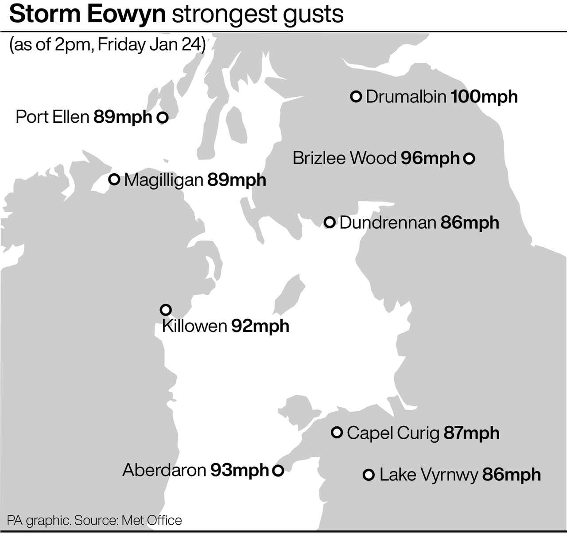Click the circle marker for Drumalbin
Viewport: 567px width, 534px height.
click(356, 96)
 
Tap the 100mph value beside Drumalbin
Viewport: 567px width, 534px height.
click(484, 97)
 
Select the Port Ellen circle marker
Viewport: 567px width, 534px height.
click(163, 117)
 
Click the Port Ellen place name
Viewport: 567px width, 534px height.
click(52, 117)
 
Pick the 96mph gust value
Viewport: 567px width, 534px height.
click(430, 158)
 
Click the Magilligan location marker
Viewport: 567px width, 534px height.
click(114, 179)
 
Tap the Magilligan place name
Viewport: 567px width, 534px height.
click(163, 180)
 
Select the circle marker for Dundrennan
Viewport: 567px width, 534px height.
click(329, 222)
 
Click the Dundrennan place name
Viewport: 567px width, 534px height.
click(388, 222)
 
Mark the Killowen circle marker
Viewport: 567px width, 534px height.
click(165, 309)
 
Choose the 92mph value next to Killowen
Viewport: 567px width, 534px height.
click(260, 326)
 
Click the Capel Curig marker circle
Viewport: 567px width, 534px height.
click(337, 432)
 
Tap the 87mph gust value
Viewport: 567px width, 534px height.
click(471, 433)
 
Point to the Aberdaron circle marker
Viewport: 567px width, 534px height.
click(278, 470)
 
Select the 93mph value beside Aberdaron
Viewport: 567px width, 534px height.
click(240, 470)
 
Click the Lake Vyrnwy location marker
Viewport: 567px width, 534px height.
click(369, 475)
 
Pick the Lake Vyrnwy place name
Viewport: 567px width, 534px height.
click(429, 475)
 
